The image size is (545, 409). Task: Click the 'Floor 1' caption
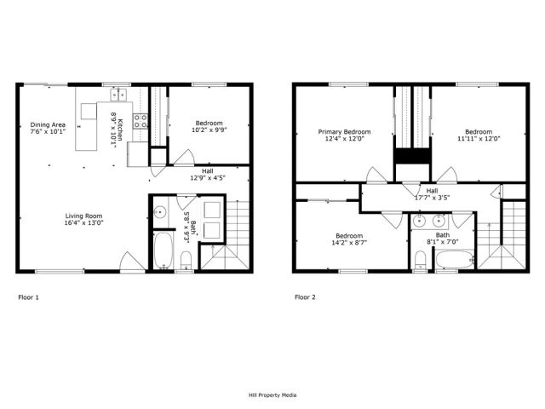pos(28,297)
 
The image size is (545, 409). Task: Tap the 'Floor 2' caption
pos(305,297)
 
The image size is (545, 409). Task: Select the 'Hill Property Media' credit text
pos(272,395)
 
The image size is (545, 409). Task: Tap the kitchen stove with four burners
pos(140,121)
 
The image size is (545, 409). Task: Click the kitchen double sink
pos(120,95)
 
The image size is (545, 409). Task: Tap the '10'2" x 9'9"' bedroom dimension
pos(209,130)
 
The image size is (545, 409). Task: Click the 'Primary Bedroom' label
pos(344,132)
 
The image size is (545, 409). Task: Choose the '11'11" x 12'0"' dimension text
pos(478,139)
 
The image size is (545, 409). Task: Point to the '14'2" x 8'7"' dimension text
pos(349,242)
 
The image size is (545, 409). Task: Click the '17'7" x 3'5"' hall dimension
pos(432,198)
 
